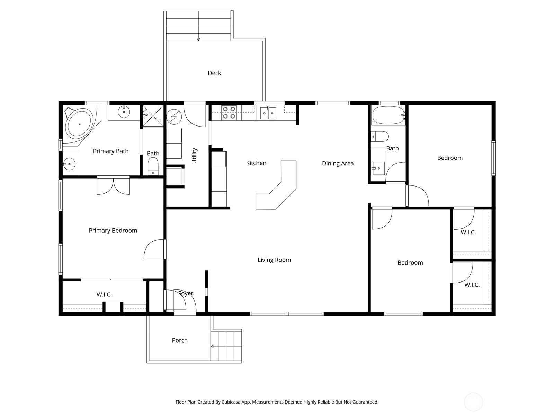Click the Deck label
[214, 73]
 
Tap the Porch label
[180, 340]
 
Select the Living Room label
[274, 260]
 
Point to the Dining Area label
[338, 163]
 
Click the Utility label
[194, 156]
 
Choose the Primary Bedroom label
[113, 230]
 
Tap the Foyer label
[186, 293]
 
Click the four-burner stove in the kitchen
[229, 113]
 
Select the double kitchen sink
[268, 113]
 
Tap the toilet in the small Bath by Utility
[153, 166]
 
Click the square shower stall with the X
[153, 116]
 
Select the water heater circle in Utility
[174, 117]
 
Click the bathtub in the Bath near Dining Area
[388, 115]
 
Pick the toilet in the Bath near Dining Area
[380, 136]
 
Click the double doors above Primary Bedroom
[114, 186]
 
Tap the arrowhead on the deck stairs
[198, 39]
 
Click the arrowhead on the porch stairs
[212, 346]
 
